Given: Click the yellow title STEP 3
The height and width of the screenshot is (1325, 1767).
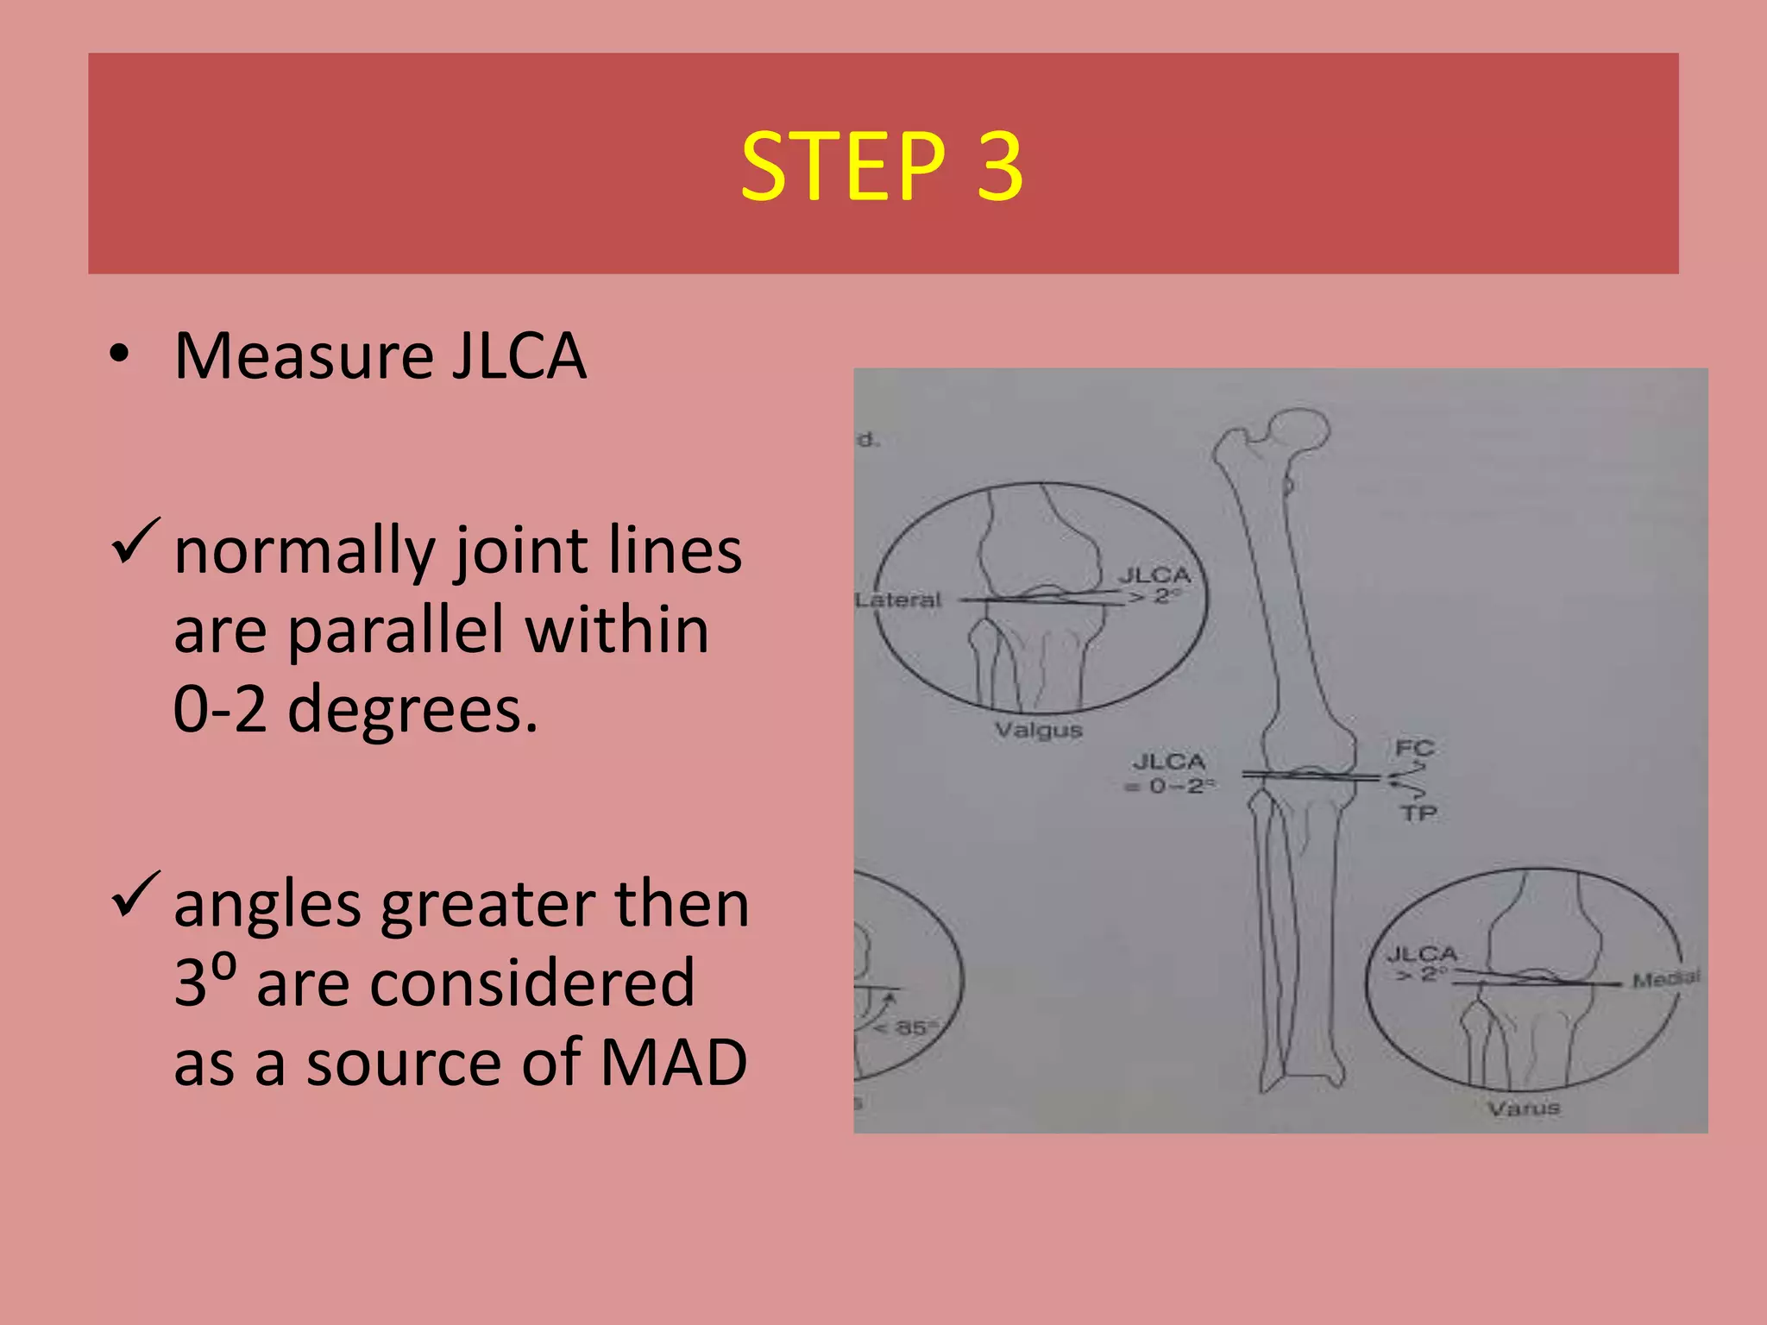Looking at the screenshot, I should point(882,166).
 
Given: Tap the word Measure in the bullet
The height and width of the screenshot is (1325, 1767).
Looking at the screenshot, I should point(303,355).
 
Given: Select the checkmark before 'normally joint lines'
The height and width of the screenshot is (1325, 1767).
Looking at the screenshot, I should point(135,542).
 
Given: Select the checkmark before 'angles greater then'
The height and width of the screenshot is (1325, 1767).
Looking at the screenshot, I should point(135,895).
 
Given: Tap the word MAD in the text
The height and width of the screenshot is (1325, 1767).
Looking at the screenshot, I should point(673,1062).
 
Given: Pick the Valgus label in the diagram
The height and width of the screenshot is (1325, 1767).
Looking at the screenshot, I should point(1038,731).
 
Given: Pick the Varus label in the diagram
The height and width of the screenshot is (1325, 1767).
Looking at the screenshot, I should point(1524,1108).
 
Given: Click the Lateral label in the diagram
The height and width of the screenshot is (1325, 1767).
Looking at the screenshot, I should point(898,600).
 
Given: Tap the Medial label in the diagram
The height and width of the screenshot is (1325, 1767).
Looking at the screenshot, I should point(1666,979).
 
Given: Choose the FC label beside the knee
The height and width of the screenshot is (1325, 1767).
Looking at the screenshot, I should point(1414,748).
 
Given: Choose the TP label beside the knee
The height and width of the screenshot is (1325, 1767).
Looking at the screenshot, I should point(1418,813).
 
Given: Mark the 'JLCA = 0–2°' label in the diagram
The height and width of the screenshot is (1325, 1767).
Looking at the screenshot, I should point(1170,774).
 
